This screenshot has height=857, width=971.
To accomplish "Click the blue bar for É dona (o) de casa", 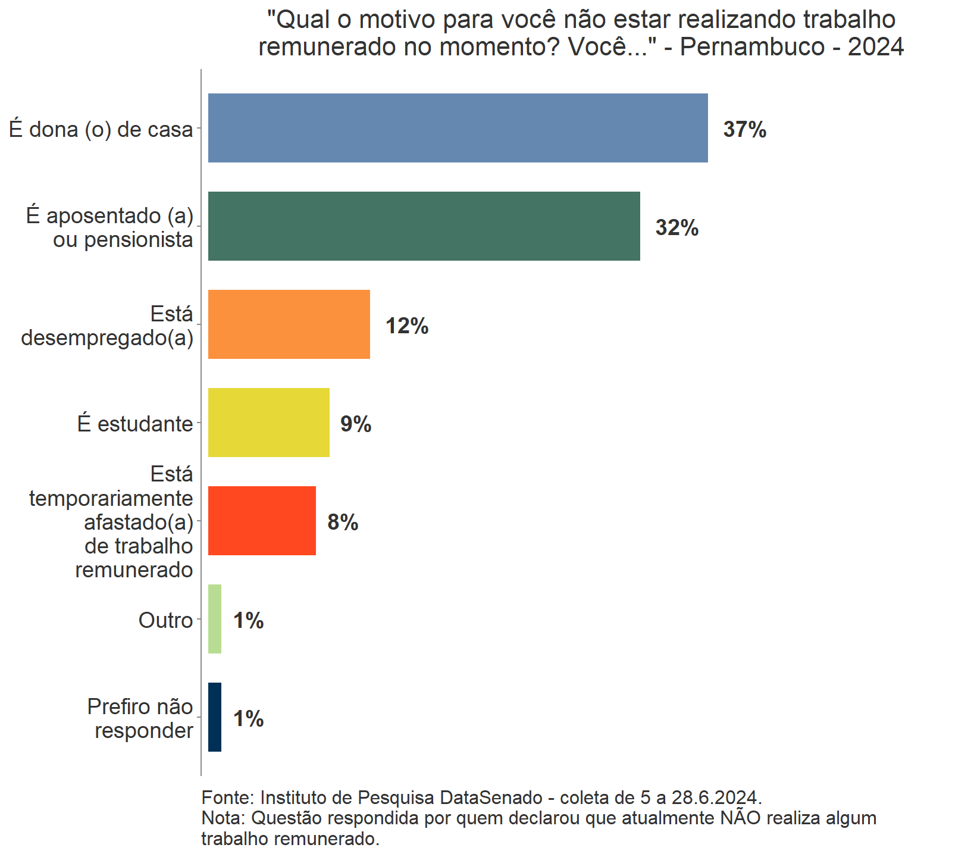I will coord(458,128).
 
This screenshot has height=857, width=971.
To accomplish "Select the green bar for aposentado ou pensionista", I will coord(424,226).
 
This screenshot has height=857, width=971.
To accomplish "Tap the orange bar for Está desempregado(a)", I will coord(289,324).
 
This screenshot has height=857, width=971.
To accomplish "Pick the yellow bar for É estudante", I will coord(268,423).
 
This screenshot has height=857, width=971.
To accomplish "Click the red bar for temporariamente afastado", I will coord(262,521).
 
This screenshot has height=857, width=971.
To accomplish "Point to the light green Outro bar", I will coord(215,619).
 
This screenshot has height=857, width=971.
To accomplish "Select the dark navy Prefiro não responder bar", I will coord(215,717).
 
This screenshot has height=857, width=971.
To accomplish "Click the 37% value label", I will coord(744,130).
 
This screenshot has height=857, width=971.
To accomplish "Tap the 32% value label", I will coord(676,228).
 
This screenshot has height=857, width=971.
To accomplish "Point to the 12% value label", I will coord(407,326).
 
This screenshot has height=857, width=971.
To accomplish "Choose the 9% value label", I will coord(356,424).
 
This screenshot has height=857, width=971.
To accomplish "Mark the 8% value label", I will coord(343,523).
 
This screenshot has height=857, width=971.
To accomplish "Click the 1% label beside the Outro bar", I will coord(248,621).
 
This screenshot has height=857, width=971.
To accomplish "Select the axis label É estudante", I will coord(135,424).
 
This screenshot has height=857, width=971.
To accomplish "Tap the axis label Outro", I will coord(165,620).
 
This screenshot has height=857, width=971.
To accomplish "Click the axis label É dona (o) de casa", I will coord(101,129).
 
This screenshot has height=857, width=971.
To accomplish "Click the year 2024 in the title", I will coord(876,46).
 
